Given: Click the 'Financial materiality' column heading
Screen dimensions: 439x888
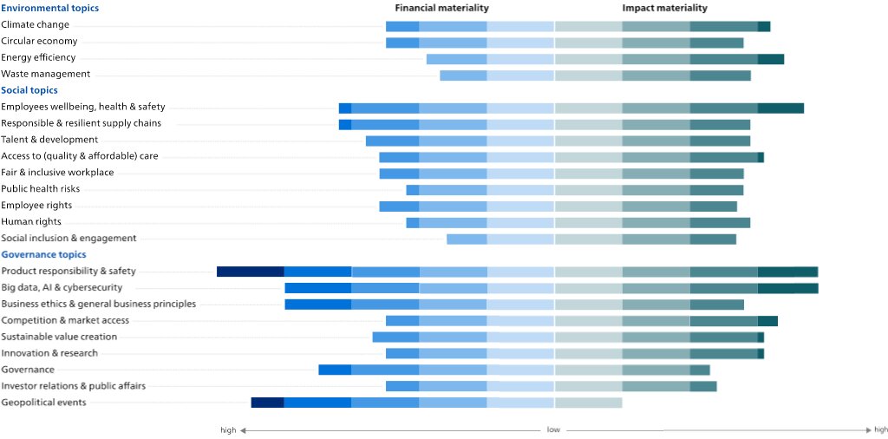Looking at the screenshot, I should pos(441,8).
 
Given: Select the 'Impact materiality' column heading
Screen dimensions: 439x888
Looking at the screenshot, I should pos(664,8).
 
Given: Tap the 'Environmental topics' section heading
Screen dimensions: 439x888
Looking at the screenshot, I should pos(49,8).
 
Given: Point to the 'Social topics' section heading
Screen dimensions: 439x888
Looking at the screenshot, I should pos(29,90).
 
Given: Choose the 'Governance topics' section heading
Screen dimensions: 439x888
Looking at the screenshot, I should pos(43,254).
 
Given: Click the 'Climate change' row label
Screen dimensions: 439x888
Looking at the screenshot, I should pos(35,24).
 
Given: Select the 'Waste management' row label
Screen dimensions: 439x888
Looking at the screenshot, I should pos(45,74).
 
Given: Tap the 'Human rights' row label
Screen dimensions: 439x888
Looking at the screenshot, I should pos(30,221).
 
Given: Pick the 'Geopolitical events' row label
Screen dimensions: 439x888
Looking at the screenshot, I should pos(43,403).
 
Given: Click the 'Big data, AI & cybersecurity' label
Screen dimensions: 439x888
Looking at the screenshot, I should pos(62,287).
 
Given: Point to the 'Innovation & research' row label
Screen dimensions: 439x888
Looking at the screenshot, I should pos(49,353).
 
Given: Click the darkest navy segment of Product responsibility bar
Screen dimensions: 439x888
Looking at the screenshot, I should pos(250,272).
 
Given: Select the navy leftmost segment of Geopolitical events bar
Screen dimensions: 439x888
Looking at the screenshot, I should pos(267,403).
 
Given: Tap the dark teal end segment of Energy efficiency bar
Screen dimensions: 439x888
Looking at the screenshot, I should pos(771,58).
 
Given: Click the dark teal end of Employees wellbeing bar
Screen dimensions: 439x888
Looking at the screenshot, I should pos(780,108).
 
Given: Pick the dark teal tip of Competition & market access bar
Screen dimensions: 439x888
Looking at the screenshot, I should pos(767,321).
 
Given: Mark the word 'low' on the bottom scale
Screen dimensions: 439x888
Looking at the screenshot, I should pos(553,429).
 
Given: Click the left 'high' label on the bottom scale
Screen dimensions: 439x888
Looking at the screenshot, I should pos(228,429).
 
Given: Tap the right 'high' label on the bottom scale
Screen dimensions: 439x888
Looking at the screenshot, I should pos(880,429).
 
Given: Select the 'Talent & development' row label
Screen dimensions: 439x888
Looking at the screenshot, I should pos(49,140).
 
